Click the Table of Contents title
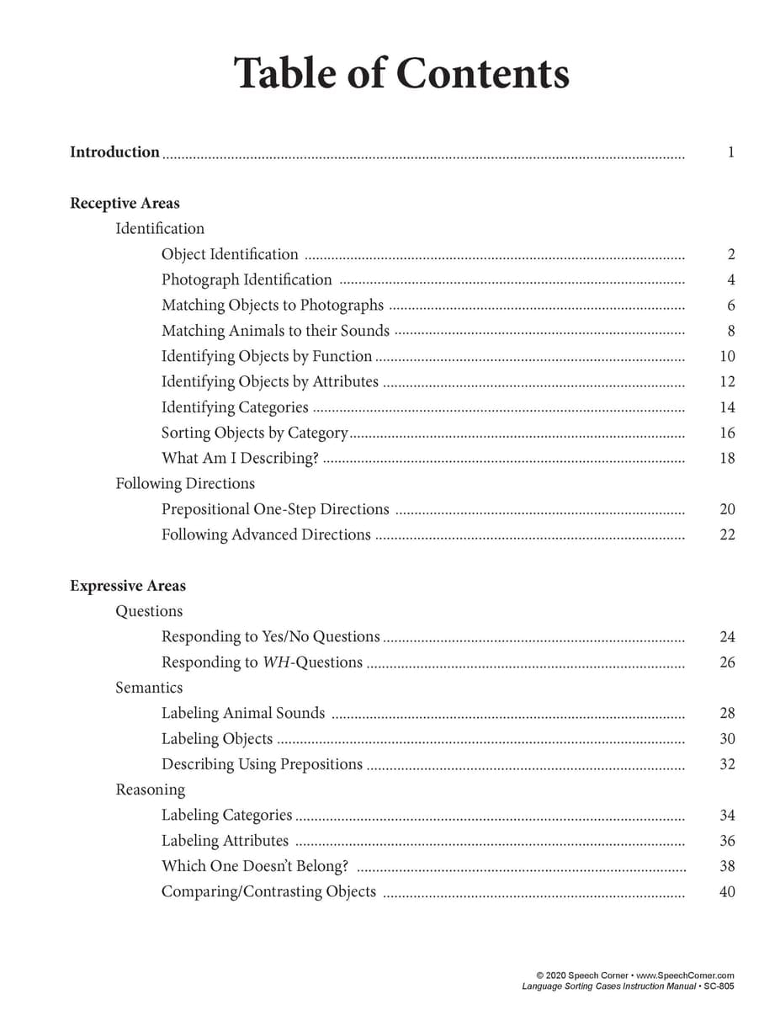coord(401,73)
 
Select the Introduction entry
coord(114,152)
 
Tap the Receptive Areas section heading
coord(125,203)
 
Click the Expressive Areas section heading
coord(128,586)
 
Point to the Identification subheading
coord(160,228)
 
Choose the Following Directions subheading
coord(185,483)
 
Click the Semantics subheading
coord(149,688)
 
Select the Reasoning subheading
coord(150,789)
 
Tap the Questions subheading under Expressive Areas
coord(149,611)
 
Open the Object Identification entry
coord(230,254)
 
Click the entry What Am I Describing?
coord(240,458)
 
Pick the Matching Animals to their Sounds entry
coord(275,331)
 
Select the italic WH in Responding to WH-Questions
coord(275,662)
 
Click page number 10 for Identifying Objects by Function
coord(727,356)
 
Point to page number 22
coord(727,534)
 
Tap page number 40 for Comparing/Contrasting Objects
coord(727,891)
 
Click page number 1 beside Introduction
coord(730,152)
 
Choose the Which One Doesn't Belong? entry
coord(254,866)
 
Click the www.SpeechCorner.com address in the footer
coord(687,975)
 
